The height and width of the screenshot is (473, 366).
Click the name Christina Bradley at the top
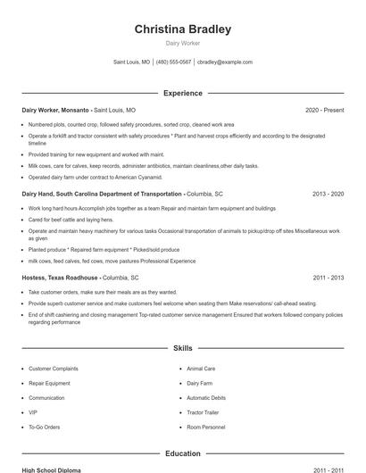(x=182, y=29)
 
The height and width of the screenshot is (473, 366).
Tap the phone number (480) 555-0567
(x=174, y=62)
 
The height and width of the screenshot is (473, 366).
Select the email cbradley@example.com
(x=225, y=62)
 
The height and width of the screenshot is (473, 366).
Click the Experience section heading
(x=183, y=93)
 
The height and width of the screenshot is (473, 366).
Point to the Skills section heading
(x=183, y=347)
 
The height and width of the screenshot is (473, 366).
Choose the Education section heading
(x=183, y=453)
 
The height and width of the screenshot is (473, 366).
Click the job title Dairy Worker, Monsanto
(x=54, y=110)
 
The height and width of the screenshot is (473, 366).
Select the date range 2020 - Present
(x=324, y=110)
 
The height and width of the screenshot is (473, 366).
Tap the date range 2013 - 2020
(x=329, y=193)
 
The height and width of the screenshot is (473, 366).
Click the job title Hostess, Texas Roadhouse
(x=60, y=278)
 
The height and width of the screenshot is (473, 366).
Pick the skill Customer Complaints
(x=53, y=368)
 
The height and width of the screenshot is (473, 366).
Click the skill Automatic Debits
(x=206, y=398)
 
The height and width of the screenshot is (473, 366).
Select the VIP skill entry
(x=33, y=413)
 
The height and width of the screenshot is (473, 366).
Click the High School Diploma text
(x=52, y=469)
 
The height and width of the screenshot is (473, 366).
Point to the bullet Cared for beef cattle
(x=71, y=219)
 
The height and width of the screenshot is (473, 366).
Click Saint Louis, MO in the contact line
(x=132, y=62)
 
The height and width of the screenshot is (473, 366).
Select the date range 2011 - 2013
(x=329, y=278)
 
